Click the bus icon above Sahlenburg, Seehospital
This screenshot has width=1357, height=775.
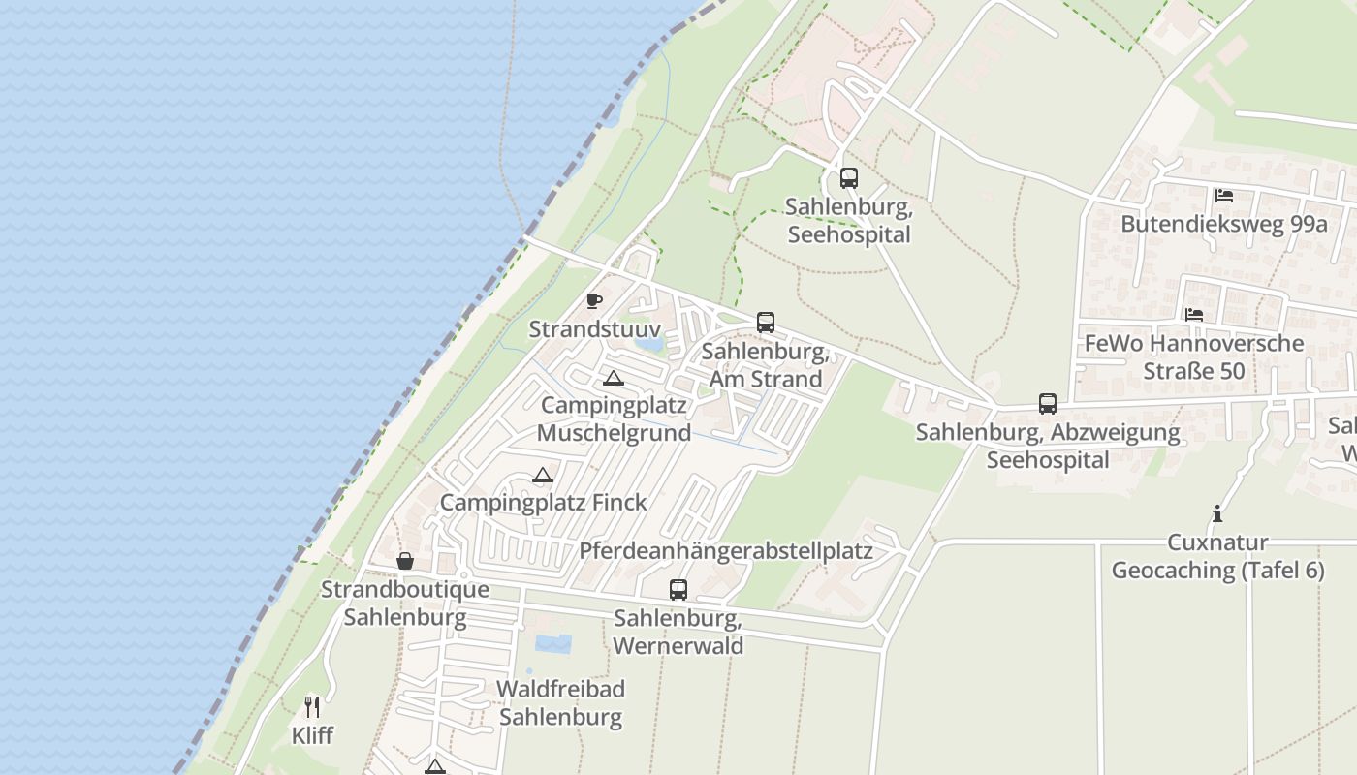pyautogui.click(x=849, y=178)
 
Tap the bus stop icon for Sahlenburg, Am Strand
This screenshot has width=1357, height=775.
pyautogui.click(x=766, y=323)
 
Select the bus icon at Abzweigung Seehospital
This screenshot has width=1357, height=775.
pyautogui.click(x=1048, y=404)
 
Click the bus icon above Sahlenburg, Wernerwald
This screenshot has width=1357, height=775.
pyautogui.click(x=678, y=590)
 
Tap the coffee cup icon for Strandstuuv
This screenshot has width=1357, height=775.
pyautogui.click(x=594, y=301)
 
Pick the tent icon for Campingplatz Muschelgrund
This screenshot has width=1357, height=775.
pyautogui.click(x=613, y=378)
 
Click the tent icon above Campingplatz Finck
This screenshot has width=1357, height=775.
pyautogui.click(x=543, y=475)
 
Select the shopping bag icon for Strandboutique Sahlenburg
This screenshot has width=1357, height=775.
pyautogui.click(x=405, y=562)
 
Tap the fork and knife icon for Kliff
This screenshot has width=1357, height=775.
pyautogui.click(x=312, y=707)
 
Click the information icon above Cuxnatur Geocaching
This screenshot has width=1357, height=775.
pyautogui.click(x=1217, y=514)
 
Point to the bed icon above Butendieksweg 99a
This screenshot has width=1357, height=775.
pyautogui.click(x=1224, y=196)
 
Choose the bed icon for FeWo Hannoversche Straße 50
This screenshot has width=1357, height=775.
pyautogui.click(x=1194, y=315)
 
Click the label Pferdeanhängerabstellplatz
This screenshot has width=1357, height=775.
pyautogui.click(x=726, y=551)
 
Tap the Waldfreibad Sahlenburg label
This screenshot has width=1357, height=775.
pyautogui.click(x=560, y=703)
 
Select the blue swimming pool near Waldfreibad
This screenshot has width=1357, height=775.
pyautogui.click(x=552, y=643)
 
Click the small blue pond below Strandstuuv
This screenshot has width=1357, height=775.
pyautogui.click(x=648, y=342)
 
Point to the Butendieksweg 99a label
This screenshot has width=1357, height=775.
pyautogui.click(x=1223, y=225)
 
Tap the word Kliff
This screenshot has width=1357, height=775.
pyautogui.click(x=312, y=736)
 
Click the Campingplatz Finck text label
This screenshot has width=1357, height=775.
pyautogui.click(x=543, y=503)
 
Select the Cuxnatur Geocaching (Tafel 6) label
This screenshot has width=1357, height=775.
pyautogui.click(x=1217, y=556)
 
